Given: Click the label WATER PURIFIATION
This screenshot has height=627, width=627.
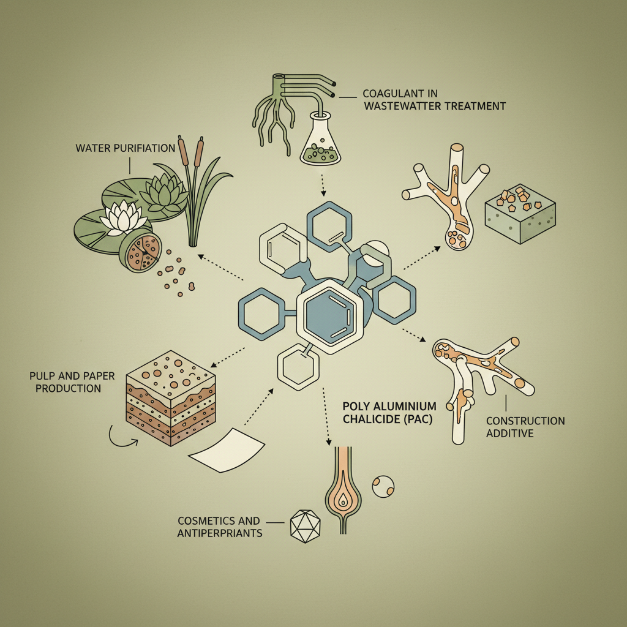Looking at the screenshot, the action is point(125,148).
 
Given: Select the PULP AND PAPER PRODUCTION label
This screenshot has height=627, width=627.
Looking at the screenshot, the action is point(72,382).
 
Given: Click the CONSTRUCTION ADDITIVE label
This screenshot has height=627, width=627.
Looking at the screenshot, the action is point(525,427).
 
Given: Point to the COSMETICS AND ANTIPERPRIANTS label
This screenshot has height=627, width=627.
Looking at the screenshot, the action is point(220,527).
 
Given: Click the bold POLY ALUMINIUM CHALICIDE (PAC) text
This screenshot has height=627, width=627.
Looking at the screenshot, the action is point(389,413).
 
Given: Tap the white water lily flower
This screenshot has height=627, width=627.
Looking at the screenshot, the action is point(123,217).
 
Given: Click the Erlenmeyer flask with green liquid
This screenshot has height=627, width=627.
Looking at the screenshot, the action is point(320,138).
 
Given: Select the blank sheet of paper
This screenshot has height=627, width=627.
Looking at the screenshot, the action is point(227,450).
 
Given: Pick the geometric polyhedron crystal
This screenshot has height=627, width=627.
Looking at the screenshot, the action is point(305,526).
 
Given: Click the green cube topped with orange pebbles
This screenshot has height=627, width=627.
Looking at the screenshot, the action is point(520,214).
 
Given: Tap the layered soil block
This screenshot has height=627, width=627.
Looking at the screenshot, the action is point(171,398).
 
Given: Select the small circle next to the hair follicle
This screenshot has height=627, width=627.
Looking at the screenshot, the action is point(383,487).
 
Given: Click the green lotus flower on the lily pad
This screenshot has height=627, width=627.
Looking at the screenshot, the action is point(165,192).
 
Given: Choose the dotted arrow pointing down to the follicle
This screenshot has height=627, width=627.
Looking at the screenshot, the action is point(326,416).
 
